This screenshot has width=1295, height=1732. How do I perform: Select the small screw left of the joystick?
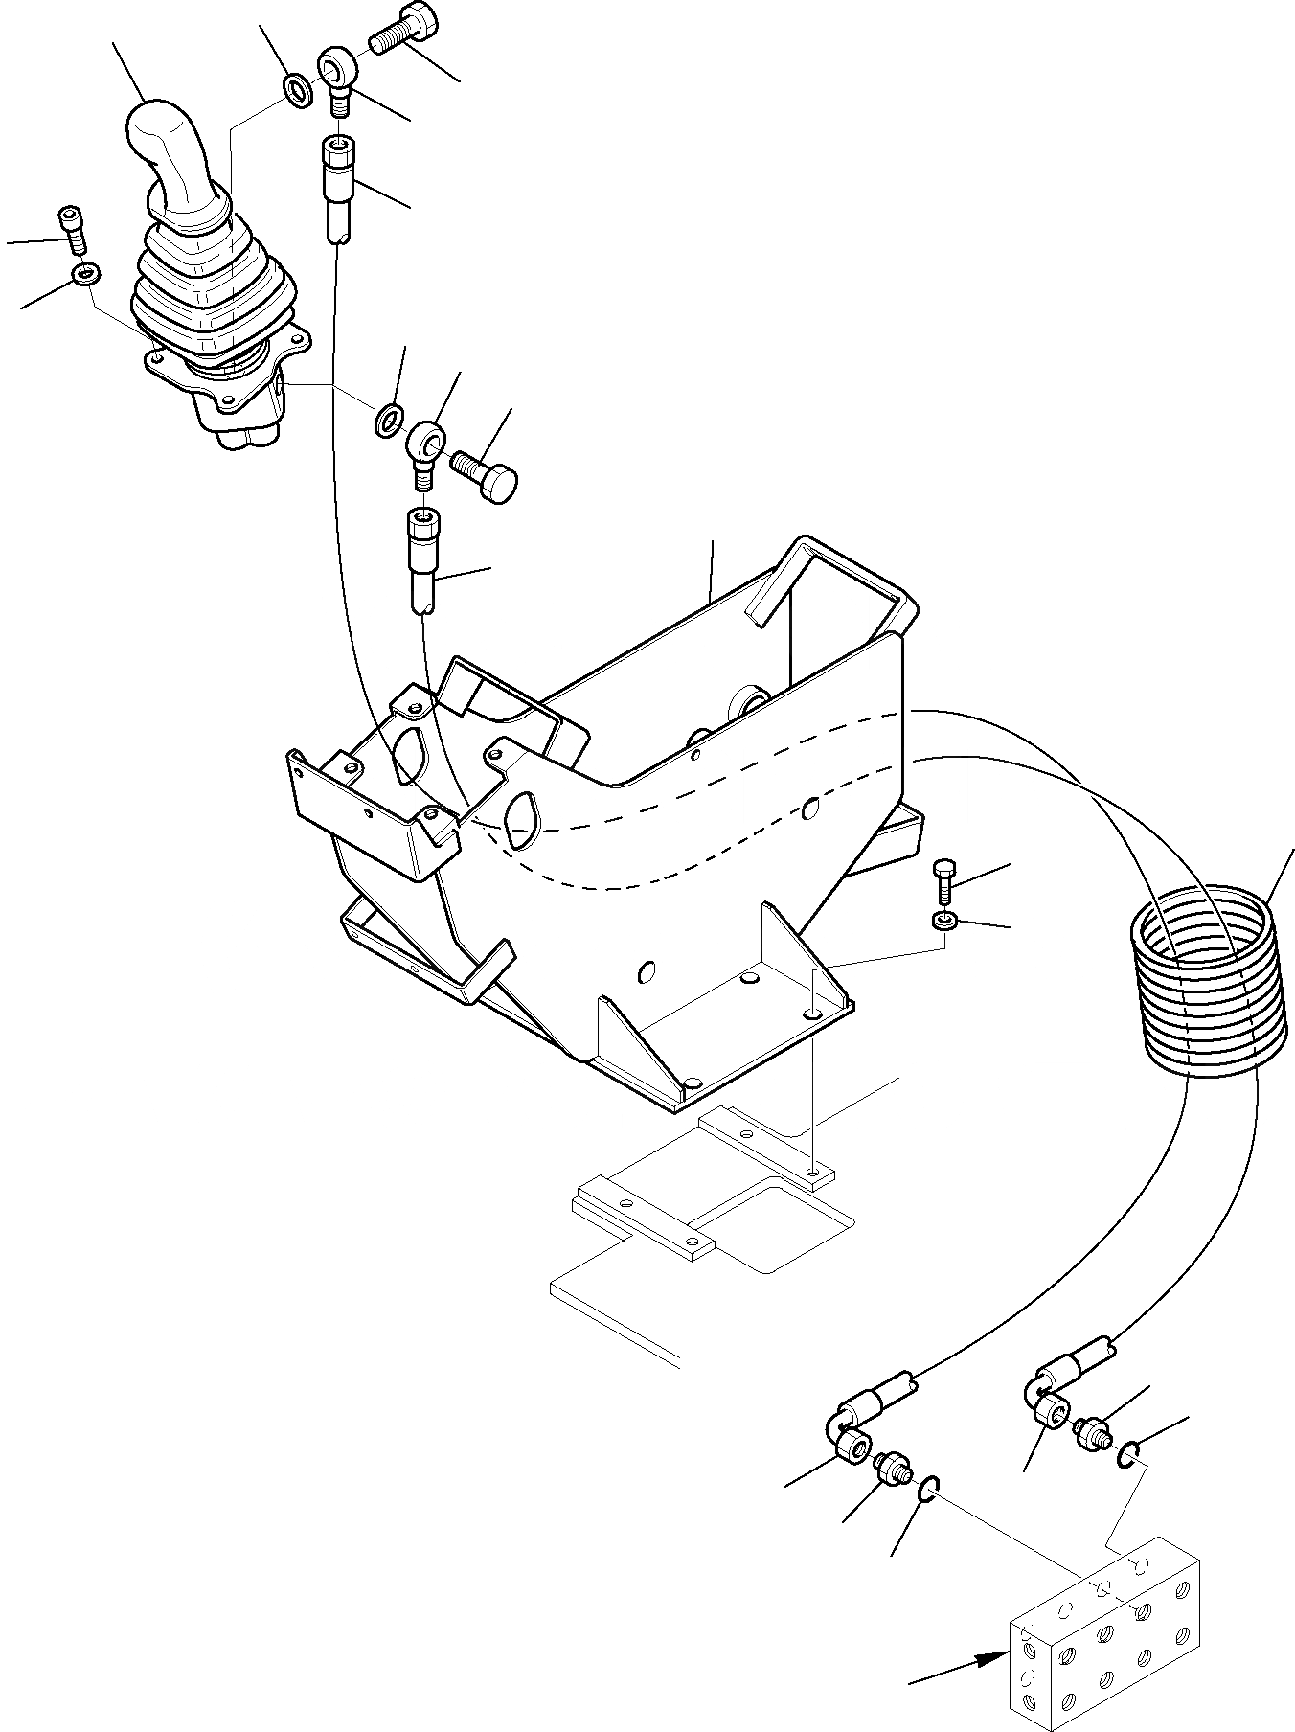pos(70,226)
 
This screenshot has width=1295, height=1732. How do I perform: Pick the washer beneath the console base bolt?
pos(944,922)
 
